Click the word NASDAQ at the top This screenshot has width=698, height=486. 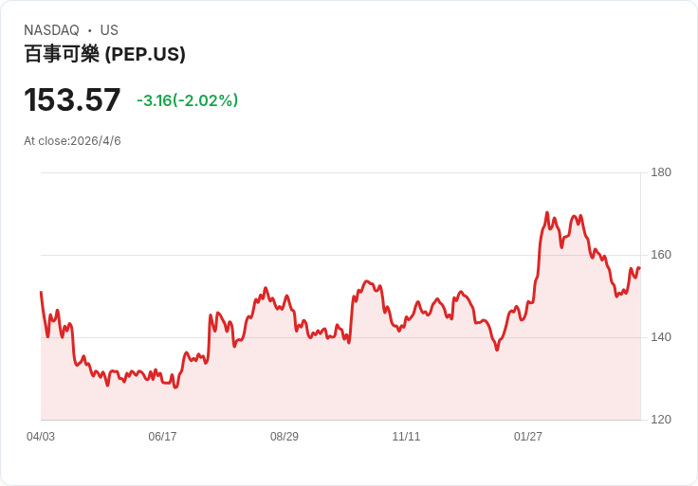51,30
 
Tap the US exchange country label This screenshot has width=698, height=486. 109,30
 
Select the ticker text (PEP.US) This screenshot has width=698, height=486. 145,54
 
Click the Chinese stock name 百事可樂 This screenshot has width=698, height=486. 62,54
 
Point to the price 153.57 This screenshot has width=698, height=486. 72,99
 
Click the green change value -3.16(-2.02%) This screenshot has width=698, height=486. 188,100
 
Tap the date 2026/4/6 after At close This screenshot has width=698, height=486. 96,141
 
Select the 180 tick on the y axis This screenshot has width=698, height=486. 661,172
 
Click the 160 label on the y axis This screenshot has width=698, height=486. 661,255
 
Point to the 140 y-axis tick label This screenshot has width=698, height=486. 661,337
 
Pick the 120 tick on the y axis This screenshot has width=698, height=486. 661,420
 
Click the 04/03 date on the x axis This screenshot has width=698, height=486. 41,436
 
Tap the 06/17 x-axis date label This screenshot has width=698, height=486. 162,436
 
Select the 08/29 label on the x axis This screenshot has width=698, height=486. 285,436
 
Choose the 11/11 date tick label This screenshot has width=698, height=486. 406,436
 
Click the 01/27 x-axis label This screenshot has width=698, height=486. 528,436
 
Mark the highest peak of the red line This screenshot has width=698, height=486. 547,212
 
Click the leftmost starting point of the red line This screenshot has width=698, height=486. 41,292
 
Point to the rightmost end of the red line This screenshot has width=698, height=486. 640,268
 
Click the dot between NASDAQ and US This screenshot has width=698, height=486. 89,30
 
